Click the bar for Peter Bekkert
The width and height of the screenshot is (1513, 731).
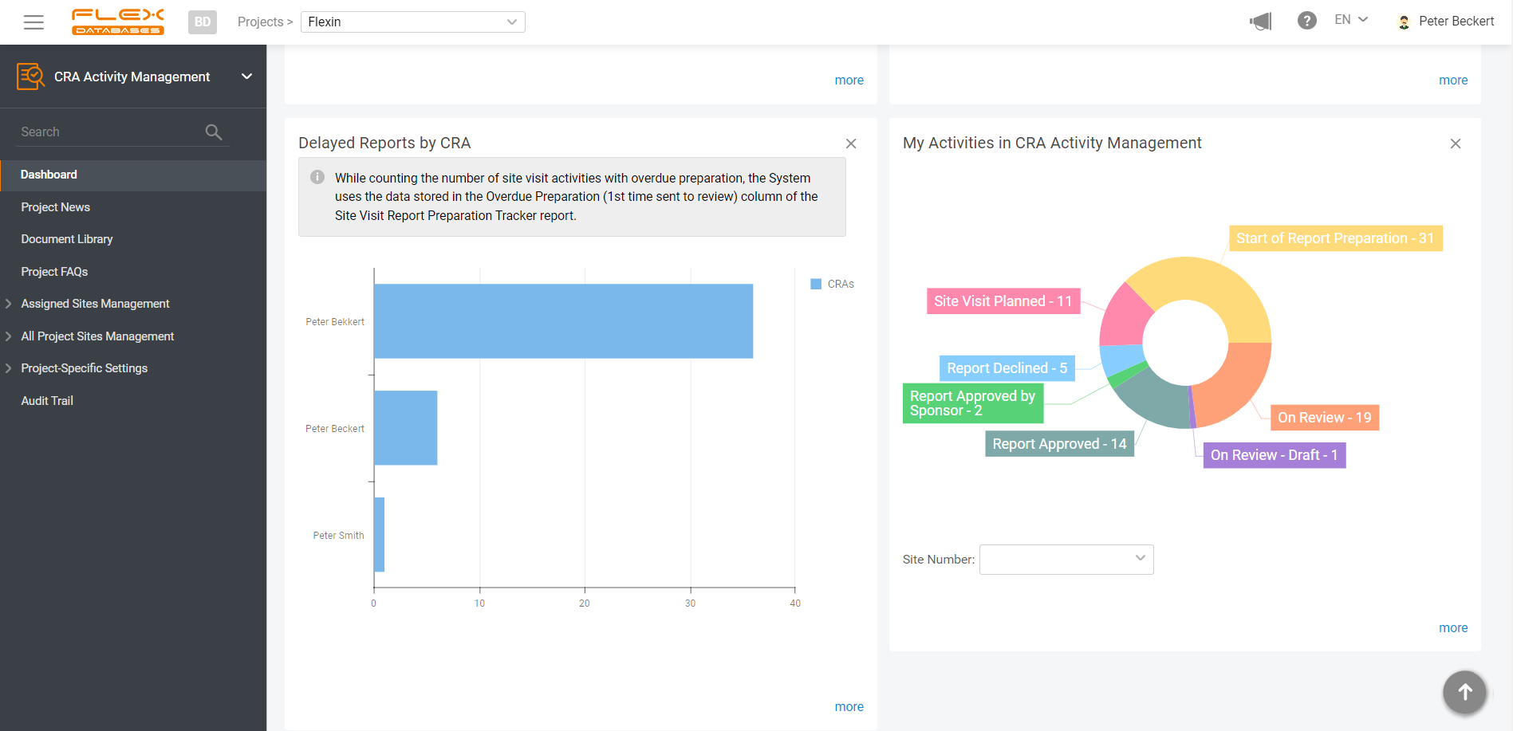563,321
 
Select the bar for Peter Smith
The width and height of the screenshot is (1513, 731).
380,535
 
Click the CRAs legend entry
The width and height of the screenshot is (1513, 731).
833,284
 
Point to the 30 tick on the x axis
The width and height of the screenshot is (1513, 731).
690,603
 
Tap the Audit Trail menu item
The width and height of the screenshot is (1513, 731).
47,401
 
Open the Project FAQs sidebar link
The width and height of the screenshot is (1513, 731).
54,272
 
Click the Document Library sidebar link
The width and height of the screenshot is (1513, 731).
67,239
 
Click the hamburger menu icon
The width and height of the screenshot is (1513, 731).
33,22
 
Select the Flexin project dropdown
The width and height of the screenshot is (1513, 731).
412,22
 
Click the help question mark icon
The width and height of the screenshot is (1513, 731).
1306,21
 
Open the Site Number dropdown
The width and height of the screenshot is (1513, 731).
1066,560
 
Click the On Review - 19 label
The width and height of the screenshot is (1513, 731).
1324,418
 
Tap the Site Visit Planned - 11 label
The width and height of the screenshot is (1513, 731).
1003,301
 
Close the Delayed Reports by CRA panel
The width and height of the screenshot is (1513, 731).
851,143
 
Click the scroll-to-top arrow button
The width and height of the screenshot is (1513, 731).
1464,692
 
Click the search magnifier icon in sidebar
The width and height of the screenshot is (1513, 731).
213,132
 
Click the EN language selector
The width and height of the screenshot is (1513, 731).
1350,20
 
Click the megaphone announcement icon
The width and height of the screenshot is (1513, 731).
1261,22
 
